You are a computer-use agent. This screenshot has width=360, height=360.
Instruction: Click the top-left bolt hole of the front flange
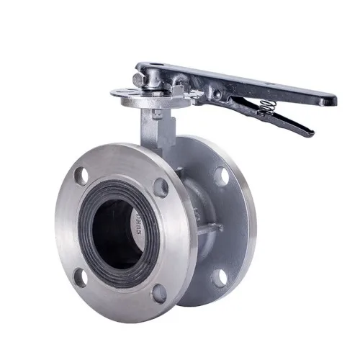[x=81, y=174]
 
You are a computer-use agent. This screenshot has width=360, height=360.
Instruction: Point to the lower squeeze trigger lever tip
[x=310, y=132]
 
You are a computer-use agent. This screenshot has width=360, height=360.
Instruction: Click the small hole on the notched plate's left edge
[x=117, y=92]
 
